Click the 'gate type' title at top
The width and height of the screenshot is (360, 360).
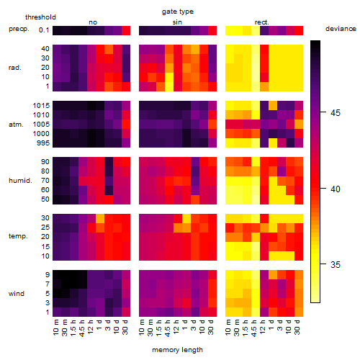tap(178, 12)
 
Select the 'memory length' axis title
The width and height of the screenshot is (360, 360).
tap(177, 350)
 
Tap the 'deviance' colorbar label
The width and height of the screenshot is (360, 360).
tap(341, 29)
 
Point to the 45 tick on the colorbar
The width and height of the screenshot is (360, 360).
tap(323, 112)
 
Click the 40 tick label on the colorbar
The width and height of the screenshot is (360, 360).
tap(336, 189)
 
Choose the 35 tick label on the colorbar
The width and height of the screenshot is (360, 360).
tap(336, 265)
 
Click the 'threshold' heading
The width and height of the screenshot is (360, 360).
tap(40, 17)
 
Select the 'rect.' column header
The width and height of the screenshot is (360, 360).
tap(262, 22)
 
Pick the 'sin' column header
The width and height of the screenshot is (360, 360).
tap(177, 22)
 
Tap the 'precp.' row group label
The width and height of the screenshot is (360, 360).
tap(19, 30)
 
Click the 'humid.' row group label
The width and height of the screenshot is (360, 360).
tap(20, 181)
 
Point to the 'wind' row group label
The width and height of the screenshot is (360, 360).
tap(17, 294)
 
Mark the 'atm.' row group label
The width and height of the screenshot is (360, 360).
tap(16, 125)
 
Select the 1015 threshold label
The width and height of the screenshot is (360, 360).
tap(41, 106)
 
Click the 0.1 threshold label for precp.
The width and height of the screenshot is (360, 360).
tap(44, 30)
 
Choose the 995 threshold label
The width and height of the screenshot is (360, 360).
tap(43, 143)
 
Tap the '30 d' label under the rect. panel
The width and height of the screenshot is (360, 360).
tap(297, 327)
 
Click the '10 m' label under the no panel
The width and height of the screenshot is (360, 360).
tap(56, 327)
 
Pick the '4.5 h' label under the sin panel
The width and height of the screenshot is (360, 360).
tap(168, 328)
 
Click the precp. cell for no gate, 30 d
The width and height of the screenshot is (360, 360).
tap(126, 30)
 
